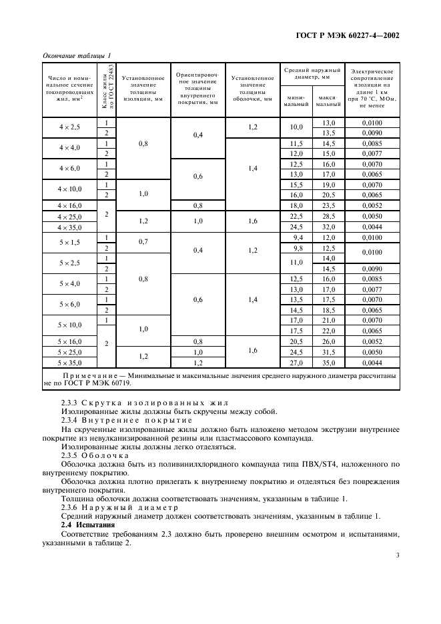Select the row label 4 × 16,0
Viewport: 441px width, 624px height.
[69, 206]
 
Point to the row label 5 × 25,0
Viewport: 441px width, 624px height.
[69, 352]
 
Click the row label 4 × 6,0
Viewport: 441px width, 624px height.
[69, 169]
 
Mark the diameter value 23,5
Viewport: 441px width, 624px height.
[328, 206]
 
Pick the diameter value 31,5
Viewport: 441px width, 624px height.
[328, 352]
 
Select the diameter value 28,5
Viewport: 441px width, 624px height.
[328, 217]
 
